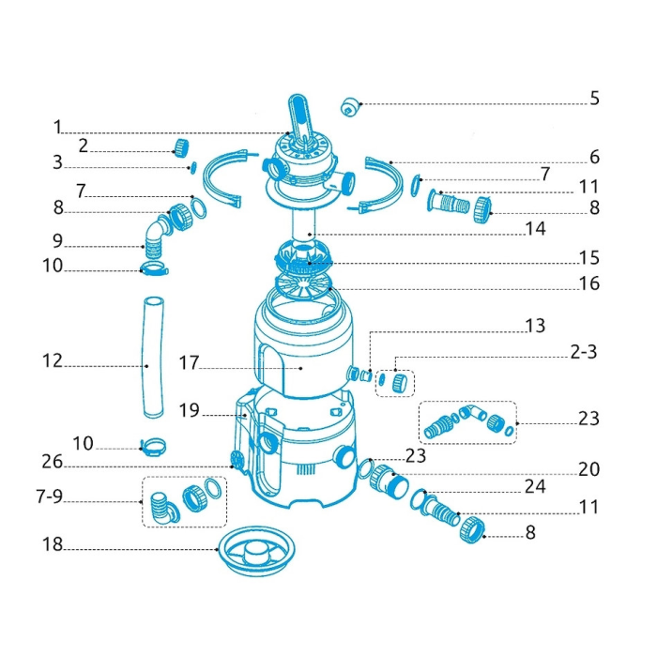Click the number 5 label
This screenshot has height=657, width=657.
point(594,98)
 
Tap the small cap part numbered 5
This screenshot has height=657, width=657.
point(350,107)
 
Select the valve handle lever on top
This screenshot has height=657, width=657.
point(299,119)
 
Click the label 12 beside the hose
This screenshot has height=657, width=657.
point(53,360)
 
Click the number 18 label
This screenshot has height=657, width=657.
point(53,544)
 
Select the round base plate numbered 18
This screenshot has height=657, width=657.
point(257,551)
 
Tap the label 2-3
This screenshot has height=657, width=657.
point(583,352)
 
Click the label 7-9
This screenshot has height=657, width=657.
point(50,497)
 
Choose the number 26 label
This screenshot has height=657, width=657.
point(53,462)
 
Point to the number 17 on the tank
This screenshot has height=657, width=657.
point(189,363)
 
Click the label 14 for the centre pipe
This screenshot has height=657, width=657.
point(536,229)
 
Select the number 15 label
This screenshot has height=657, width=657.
point(588,258)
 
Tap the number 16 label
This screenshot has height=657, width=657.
point(588,283)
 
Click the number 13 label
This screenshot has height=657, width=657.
point(536,326)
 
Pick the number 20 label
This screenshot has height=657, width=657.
point(588,469)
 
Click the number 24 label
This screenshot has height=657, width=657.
point(536,486)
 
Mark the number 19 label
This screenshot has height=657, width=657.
point(189,411)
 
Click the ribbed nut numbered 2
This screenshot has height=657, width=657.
point(181,147)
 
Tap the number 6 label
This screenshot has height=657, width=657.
point(594,157)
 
